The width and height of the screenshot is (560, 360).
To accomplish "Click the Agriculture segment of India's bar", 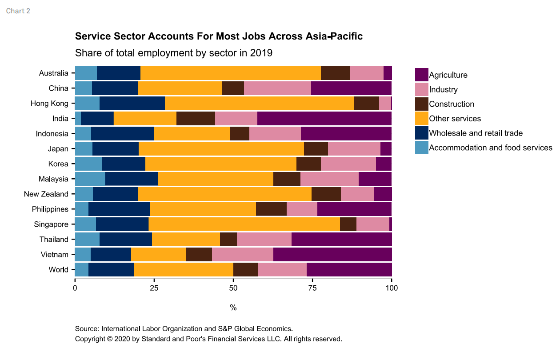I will tap(324, 119).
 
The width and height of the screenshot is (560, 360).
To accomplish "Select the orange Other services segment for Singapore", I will tap(244, 224).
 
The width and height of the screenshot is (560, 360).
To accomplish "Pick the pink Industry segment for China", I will tap(277, 88).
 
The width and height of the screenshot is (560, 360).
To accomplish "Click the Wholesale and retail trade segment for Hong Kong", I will tap(132, 104).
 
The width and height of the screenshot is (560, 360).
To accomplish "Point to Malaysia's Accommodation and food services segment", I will tap(90, 179).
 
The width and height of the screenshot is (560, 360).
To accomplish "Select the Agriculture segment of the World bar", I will tap(349, 270).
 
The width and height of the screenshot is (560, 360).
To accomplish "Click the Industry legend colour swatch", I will tap(421, 89).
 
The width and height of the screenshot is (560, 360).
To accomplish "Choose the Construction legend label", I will tap(452, 104).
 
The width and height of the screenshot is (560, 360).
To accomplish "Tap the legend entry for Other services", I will tap(455, 119).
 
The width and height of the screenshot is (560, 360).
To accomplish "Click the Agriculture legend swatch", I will tap(421, 75).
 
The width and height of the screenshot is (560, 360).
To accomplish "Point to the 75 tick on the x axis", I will tap(312, 288).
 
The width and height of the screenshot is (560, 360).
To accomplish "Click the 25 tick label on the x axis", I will tap(154, 288).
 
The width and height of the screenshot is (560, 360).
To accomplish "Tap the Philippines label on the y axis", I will tap(50, 209).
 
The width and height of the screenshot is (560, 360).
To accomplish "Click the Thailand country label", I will tap(54, 240).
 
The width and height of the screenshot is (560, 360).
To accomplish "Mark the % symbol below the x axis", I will tap(233, 308).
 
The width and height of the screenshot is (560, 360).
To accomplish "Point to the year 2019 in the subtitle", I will tap(261, 53).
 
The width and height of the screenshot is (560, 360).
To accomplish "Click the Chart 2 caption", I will tap(18, 11).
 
